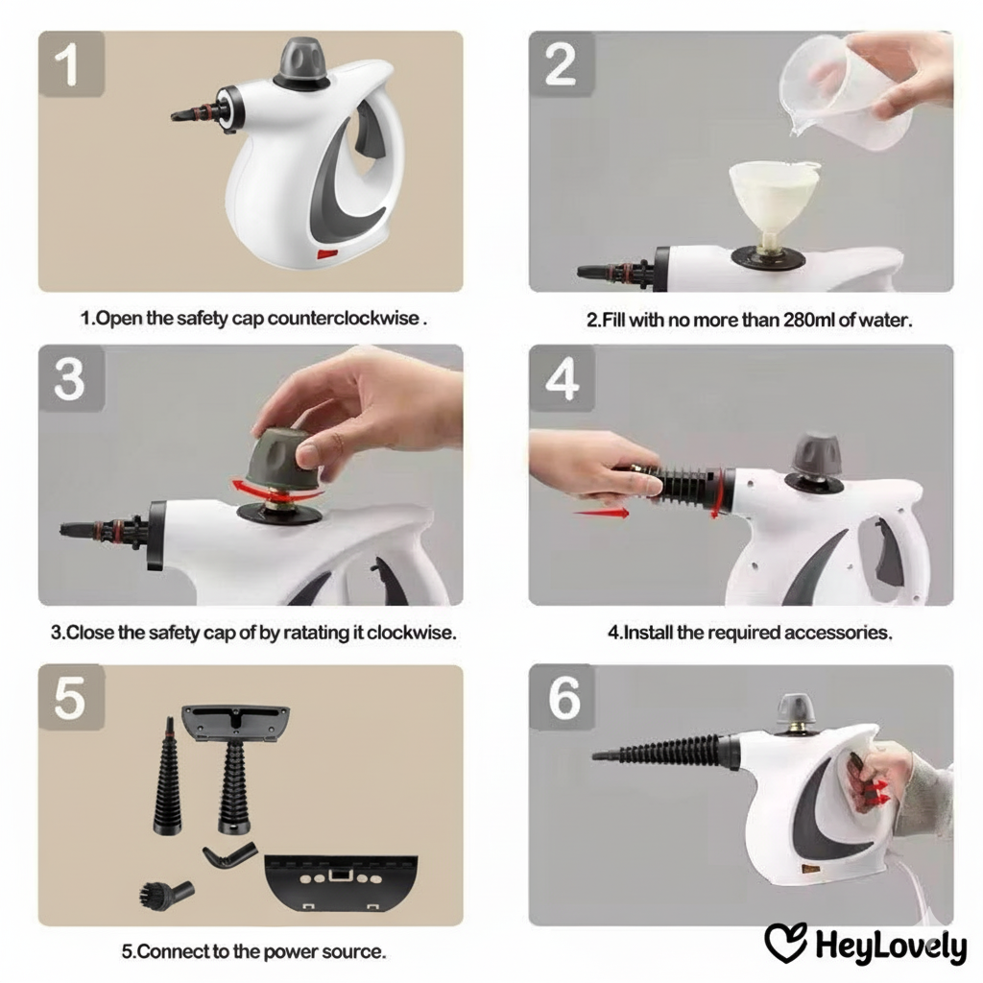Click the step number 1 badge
coord(71,64)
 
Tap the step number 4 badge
coord(562,378)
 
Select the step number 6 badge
coord(562,697)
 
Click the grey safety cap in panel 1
coord(301,63)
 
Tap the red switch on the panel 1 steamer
coord(327,253)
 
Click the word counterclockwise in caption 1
coord(343,319)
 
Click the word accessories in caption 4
coord(837,633)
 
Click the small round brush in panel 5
coord(165,894)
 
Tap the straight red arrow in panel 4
coord(601,514)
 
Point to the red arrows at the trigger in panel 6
coord(877,792)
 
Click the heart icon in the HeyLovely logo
coord(785,942)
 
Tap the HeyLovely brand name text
coord(890,947)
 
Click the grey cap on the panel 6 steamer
coord(796,710)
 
